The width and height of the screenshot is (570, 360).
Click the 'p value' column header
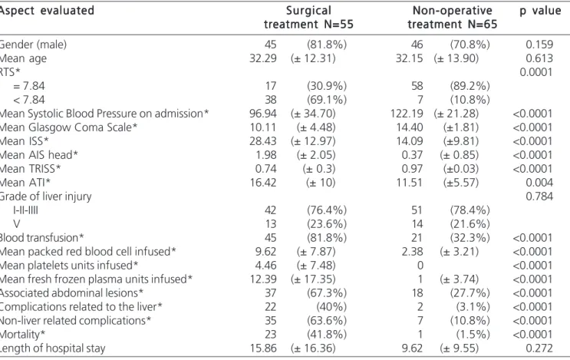point(540,11)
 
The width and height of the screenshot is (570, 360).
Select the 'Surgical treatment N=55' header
point(308,18)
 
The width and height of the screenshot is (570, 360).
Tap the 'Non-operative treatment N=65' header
point(452,18)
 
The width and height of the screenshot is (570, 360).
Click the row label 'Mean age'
point(23,58)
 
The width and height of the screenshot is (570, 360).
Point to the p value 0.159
point(539,45)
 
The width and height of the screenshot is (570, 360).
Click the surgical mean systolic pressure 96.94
point(263,114)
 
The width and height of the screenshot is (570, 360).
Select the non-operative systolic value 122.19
point(407,114)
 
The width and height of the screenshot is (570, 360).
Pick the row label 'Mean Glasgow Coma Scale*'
point(69,127)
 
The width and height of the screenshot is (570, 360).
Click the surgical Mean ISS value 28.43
point(263,141)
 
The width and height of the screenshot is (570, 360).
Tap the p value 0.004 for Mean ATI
point(539,183)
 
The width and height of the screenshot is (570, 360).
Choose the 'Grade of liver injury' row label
point(45,197)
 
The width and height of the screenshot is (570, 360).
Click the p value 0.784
point(539,197)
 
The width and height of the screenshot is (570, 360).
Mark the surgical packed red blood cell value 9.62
point(265,252)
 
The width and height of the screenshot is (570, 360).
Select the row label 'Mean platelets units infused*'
point(69,266)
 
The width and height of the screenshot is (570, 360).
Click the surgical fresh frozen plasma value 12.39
point(263,279)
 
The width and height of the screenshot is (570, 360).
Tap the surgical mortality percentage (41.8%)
point(327,335)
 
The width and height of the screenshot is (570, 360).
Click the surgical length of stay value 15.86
point(263,348)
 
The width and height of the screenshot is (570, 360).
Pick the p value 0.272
point(539,348)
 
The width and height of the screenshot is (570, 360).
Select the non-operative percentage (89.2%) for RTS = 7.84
point(470,86)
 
